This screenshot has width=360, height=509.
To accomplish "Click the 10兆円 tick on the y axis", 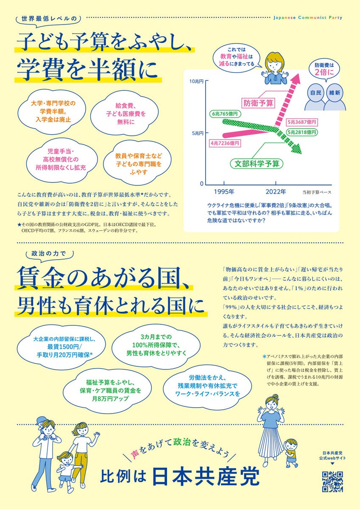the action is tap(197, 81).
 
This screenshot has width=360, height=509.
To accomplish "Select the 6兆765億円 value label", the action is tap(226, 114).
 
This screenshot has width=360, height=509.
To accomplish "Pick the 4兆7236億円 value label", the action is tap(225, 144).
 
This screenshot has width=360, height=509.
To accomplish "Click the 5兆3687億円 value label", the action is tap(302, 122).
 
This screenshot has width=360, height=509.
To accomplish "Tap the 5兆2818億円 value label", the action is tap(302, 132).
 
